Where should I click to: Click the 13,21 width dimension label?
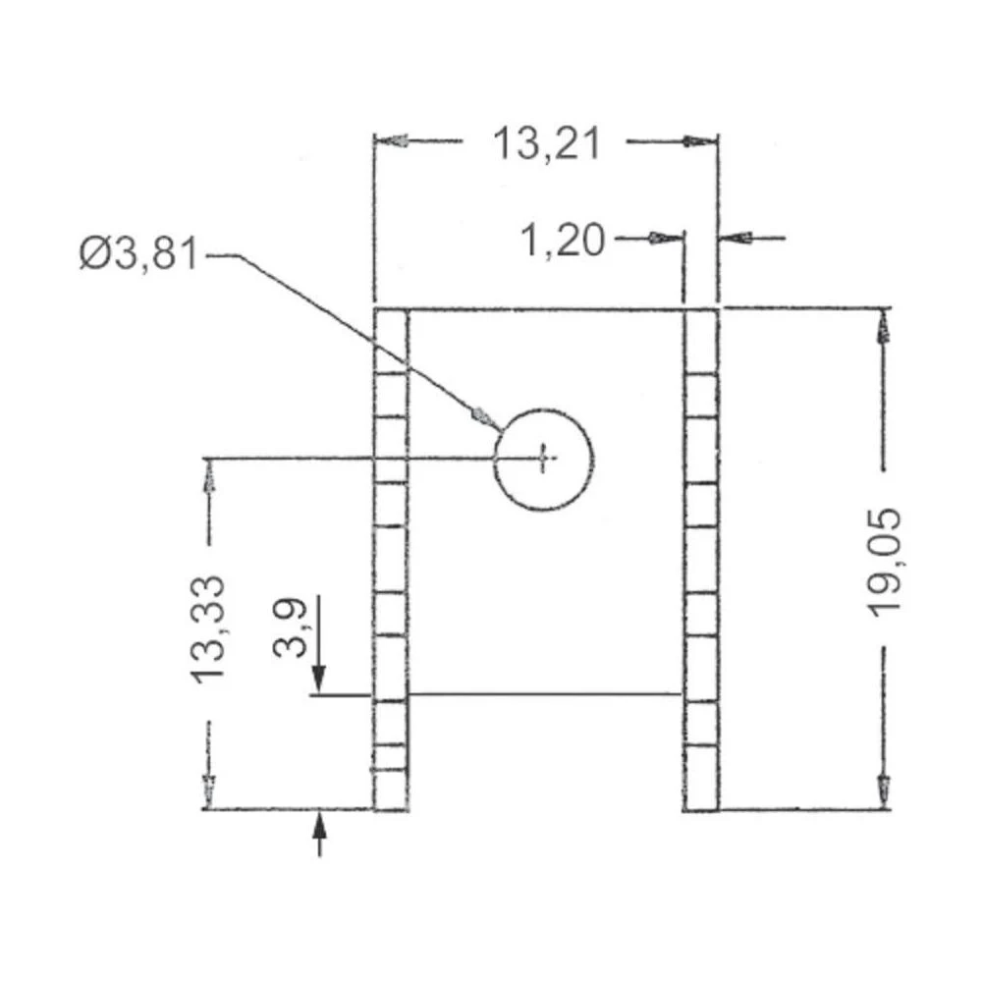546,144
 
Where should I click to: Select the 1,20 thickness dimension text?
562,240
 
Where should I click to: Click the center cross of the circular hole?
544,457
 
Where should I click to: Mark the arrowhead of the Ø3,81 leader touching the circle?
482,416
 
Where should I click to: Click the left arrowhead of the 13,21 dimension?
391,141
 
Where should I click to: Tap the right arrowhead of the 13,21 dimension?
699,141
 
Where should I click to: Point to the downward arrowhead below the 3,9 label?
318,678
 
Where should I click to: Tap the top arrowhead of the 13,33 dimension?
208,475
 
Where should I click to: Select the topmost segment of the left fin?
391,340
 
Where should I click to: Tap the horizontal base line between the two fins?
545,694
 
